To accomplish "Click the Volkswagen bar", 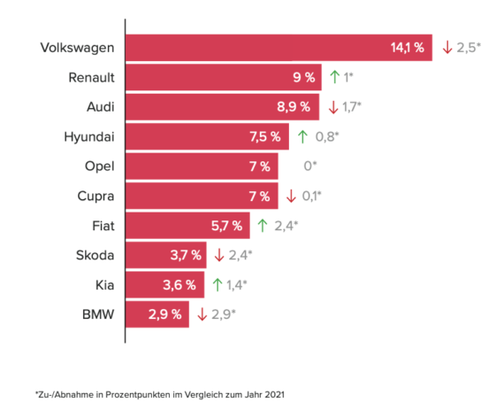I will [x=279, y=46].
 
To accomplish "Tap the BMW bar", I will [x=157, y=313].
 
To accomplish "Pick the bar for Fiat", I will [x=187, y=225].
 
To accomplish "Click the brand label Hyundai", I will [x=90, y=136].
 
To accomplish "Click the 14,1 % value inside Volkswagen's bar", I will [x=408, y=47].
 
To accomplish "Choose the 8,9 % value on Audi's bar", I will [x=294, y=107].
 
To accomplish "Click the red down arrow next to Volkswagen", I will [x=447, y=47].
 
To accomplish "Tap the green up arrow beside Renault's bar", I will [x=334, y=77].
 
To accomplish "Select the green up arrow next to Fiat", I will [x=262, y=225].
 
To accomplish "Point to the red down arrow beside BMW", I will [x=202, y=313].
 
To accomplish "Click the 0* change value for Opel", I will [x=309, y=166].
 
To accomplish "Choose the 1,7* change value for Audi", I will [x=354, y=107].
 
